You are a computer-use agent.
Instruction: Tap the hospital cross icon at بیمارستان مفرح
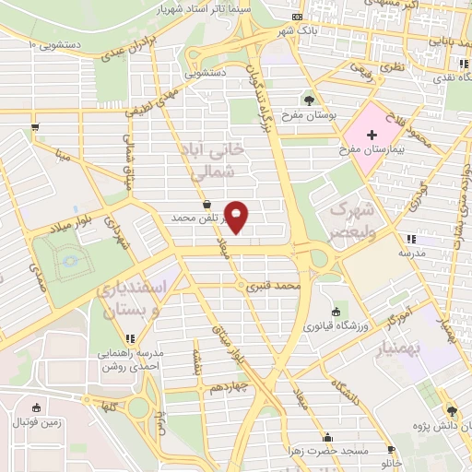(371, 136)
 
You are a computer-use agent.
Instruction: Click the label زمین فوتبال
(35, 421)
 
